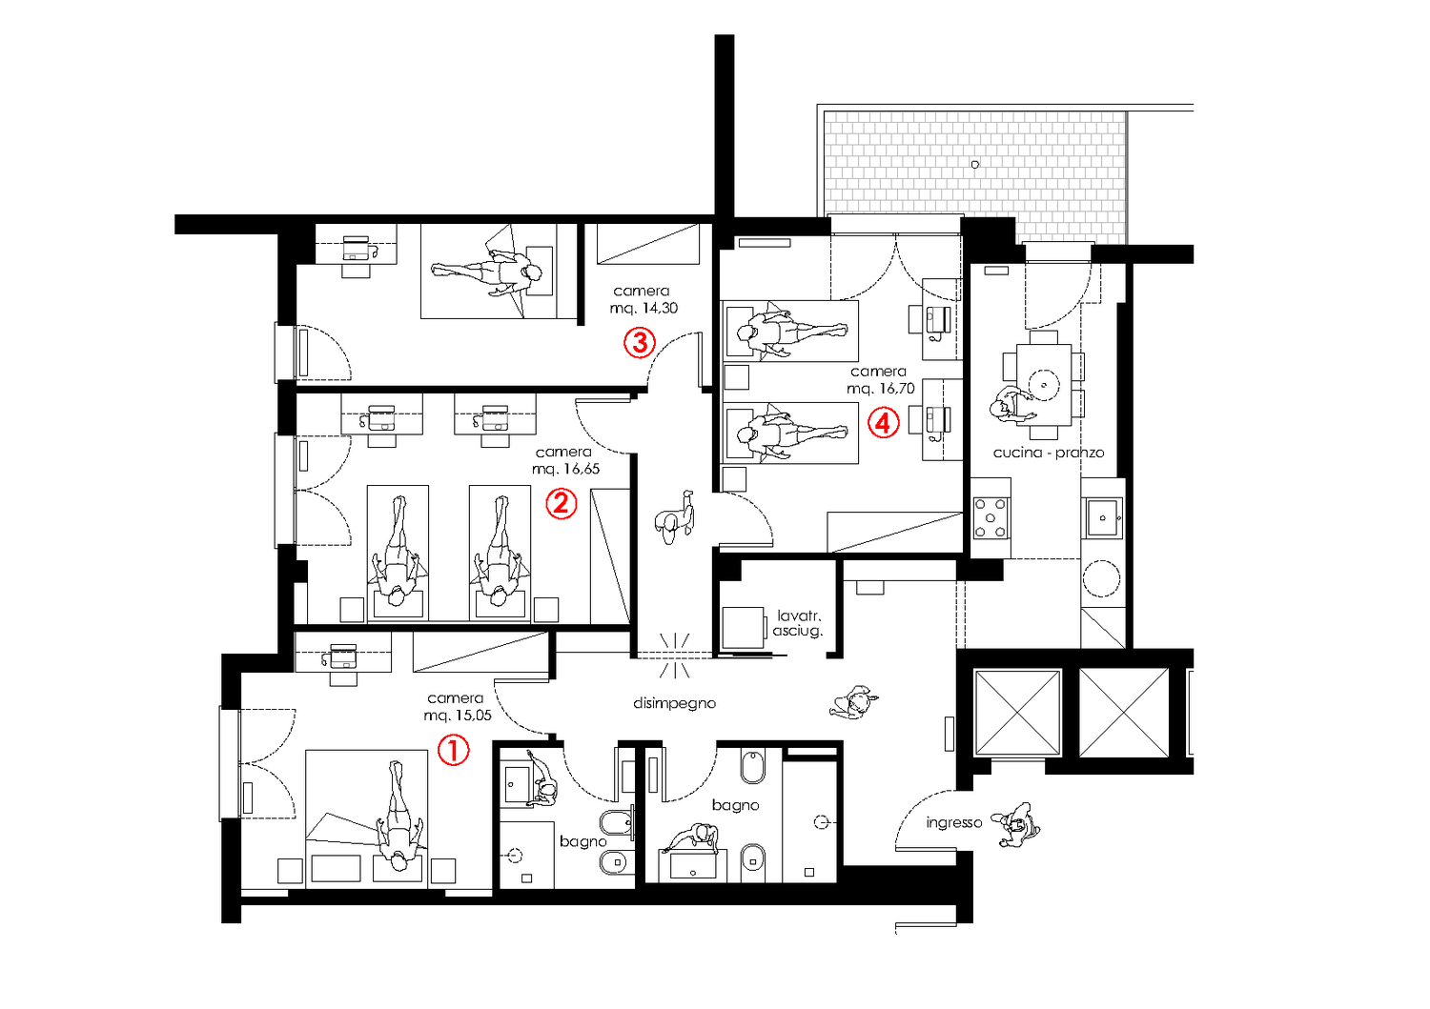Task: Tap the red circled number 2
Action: click(562, 503)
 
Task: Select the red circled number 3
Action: click(640, 342)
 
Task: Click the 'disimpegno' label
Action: click(674, 703)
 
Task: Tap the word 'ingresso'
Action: click(953, 822)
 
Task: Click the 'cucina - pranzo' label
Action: click(1049, 453)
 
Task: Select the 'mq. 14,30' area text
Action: click(643, 309)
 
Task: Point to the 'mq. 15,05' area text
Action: click(458, 716)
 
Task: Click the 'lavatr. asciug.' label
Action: click(798, 623)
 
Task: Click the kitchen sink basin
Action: click(1102, 517)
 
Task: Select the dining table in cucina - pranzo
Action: click(1044, 385)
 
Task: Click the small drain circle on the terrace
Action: click(975, 165)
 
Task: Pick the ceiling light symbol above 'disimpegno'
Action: click(675, 655)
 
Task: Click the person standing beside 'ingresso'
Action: click(1016, 824)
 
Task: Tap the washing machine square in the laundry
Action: click(743, 627)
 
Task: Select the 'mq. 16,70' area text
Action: click(881, 388)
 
